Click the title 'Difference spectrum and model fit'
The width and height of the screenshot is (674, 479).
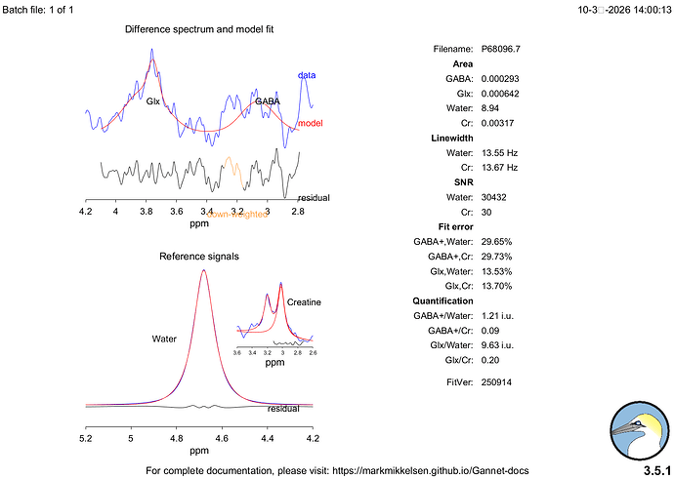[199, 29]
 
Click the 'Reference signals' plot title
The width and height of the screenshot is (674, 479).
[199, 256]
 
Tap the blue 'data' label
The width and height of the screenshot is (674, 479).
[307, 75]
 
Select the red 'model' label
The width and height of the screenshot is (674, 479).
[310, 123]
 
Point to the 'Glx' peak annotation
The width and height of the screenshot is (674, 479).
[153, 100]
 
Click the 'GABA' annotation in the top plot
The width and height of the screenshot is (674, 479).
[267, 100]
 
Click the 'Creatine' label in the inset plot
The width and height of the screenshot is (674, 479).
[304, 302]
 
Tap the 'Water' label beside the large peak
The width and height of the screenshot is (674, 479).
[164, 339]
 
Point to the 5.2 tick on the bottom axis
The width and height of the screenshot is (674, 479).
[86, 439]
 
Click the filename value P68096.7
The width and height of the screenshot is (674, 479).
[501, 48]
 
